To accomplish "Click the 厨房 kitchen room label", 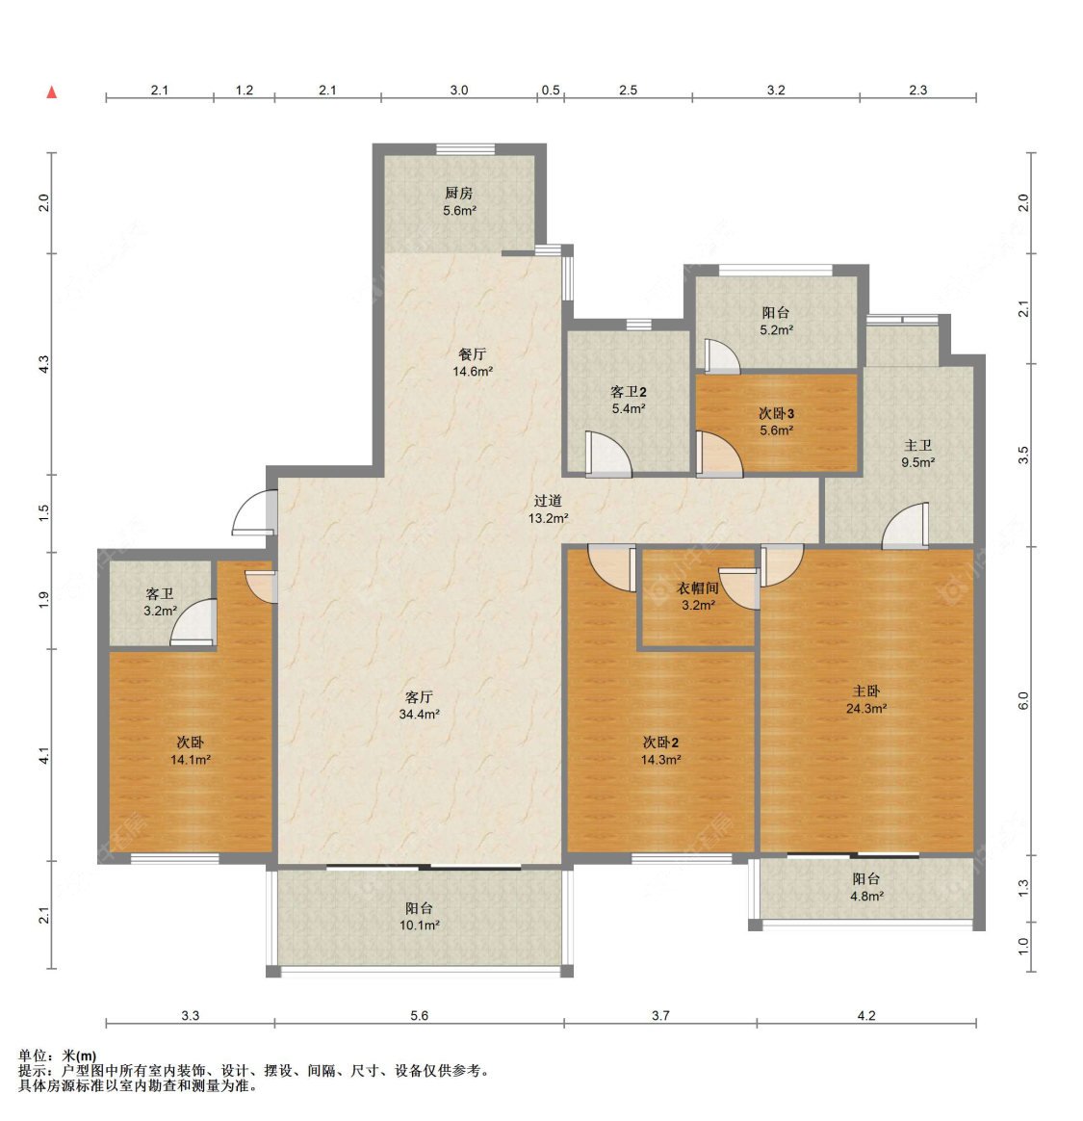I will (458, 194).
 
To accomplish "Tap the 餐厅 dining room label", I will (472, 354).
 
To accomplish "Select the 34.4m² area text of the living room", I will (419, 715).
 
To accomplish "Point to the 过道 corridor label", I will (548, 501).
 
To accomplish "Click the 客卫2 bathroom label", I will (628, 392).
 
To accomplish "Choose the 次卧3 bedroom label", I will (776, 413).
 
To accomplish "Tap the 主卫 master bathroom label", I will (917, 445).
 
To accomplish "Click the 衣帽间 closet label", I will (697, 587).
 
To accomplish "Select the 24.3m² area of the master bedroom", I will (866, 708).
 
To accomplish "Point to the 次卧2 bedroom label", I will (660, 743).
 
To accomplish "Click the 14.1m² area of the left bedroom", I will (190, 760).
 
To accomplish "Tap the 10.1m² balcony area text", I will (419, 925).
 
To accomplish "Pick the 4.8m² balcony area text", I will (866, 897).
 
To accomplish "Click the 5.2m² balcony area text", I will (776, 330).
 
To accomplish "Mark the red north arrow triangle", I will (52, 93).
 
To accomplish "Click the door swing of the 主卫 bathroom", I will (906, 528).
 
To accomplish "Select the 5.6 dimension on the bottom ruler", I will (419, 1015).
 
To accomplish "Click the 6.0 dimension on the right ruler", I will (1023, 701).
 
